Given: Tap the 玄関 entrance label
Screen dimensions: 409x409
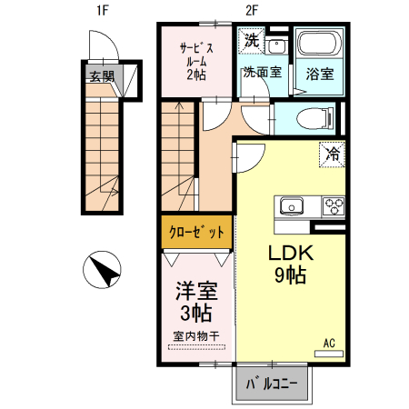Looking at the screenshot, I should [101, 76].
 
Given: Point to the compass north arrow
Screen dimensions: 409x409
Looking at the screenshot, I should [103, 271].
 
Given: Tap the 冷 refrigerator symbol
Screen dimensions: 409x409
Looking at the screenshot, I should [332, 154].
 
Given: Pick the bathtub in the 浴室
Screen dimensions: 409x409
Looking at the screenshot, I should [318, 46].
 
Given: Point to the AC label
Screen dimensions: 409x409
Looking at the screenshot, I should [329, 343].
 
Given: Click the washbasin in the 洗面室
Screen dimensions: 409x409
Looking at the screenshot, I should [276, 46].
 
